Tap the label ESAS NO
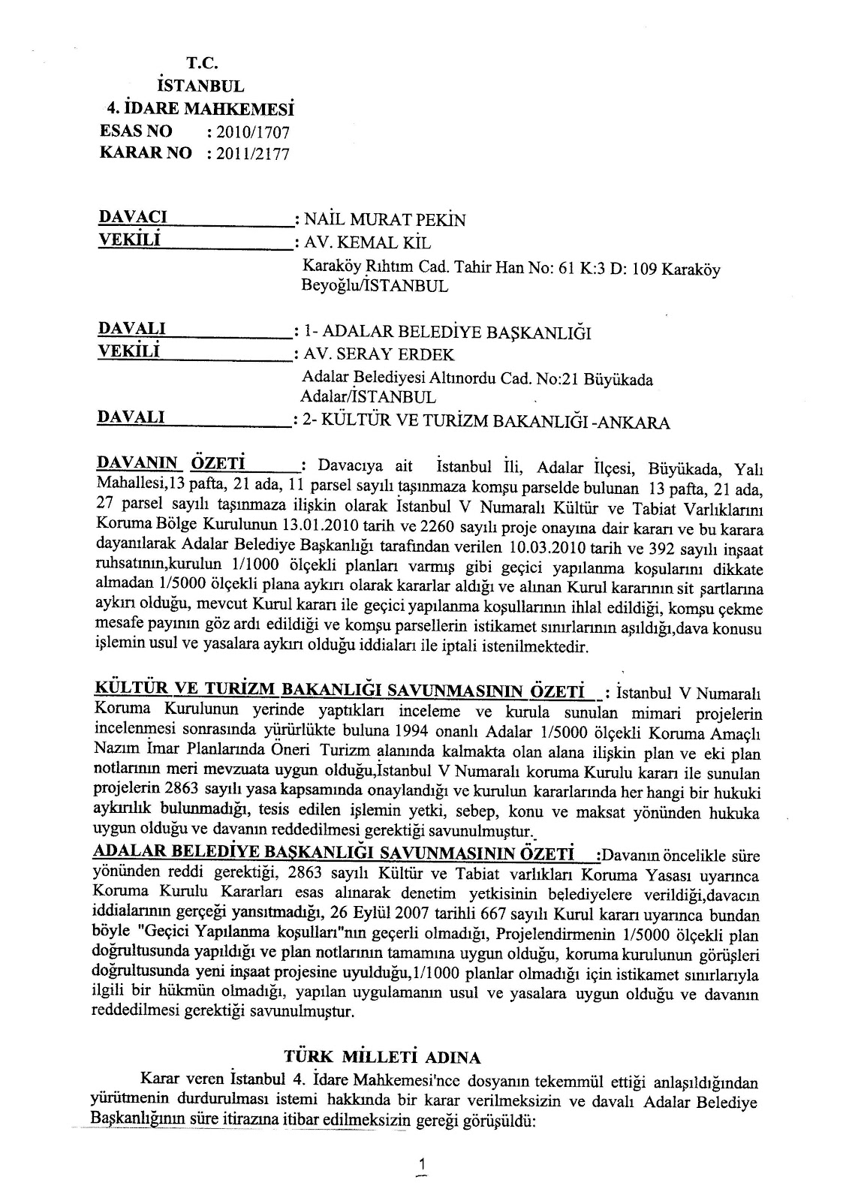[x=136, y=131]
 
